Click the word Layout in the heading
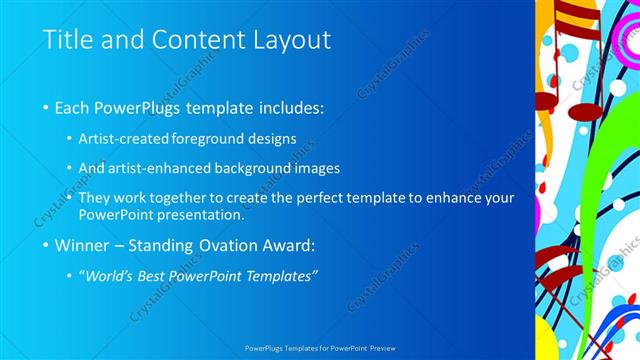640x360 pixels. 290,41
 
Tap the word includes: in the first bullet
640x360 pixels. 291,107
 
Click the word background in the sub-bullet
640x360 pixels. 262,168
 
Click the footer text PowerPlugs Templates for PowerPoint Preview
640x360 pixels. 320,349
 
